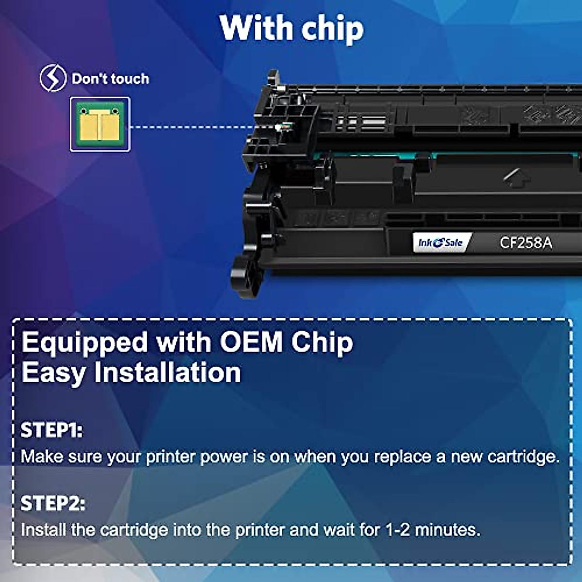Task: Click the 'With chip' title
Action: coord(291,28)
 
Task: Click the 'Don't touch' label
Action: coord(110,79)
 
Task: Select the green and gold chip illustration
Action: coord(100,124)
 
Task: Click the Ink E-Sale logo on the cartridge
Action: coord(440,242)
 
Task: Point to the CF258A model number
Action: coord(526,242)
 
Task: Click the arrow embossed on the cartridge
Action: coord(516,177)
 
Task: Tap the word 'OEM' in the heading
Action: coord(251,342)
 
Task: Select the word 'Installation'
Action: coord(167,372)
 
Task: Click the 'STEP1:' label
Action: coord(51,430)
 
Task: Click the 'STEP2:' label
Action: coord(53,503)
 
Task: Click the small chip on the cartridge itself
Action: coord(281,127)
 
